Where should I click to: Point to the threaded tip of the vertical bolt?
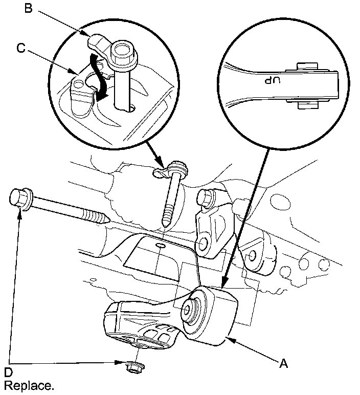coord(166,222)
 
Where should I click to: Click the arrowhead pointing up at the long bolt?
coord(20,214)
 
